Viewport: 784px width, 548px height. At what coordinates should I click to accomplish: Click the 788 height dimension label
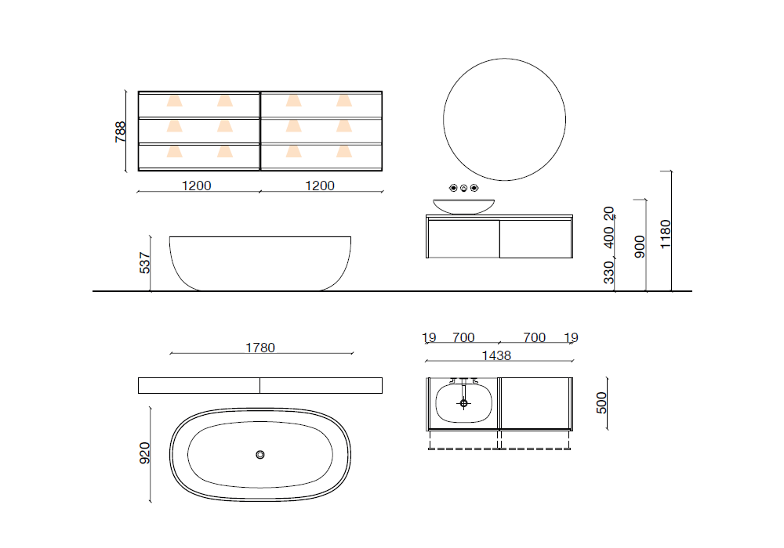[120, 132]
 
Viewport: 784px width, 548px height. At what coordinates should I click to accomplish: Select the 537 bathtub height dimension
[144, 263]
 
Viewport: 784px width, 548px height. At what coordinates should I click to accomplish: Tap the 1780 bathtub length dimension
[260, 348]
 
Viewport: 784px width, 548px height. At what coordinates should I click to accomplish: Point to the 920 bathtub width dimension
[144, 453]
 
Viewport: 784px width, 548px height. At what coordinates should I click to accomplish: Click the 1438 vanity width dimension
[496, 355]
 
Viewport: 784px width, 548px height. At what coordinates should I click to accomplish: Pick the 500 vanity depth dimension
[601, 402]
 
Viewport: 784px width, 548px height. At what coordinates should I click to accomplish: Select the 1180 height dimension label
[665, 234]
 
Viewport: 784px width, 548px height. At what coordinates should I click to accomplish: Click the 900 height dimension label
[640, 247]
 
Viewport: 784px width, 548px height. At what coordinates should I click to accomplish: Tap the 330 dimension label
[608, 272]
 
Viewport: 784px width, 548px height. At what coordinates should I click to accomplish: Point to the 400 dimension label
[608, 237]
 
